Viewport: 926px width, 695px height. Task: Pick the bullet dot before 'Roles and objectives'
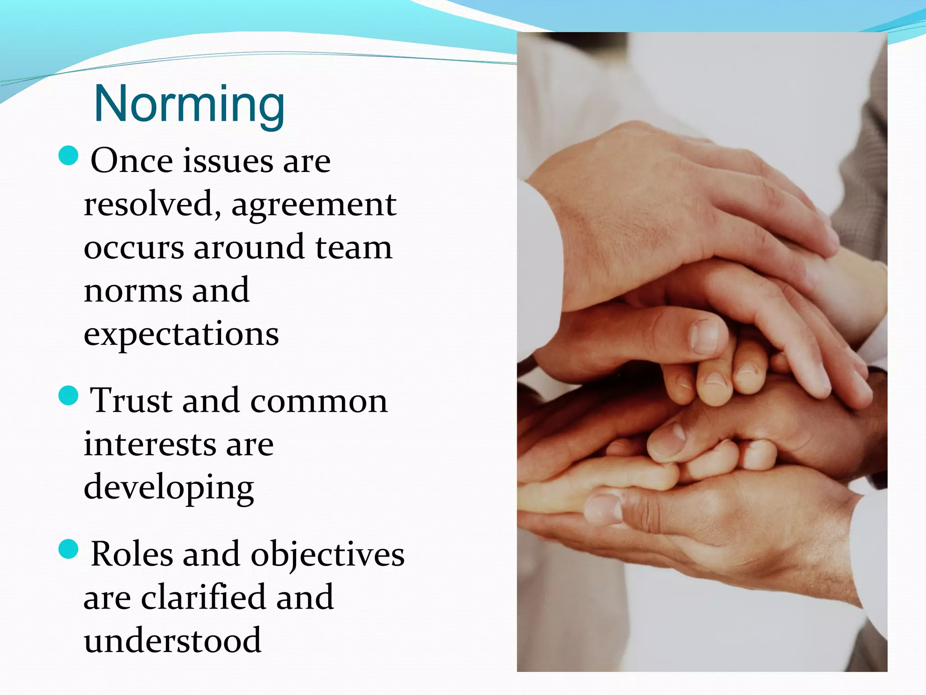point(69,549)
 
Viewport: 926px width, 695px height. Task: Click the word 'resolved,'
point(152,204)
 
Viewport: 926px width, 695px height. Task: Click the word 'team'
point(354,248)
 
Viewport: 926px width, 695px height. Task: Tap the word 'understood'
point(172,641)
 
